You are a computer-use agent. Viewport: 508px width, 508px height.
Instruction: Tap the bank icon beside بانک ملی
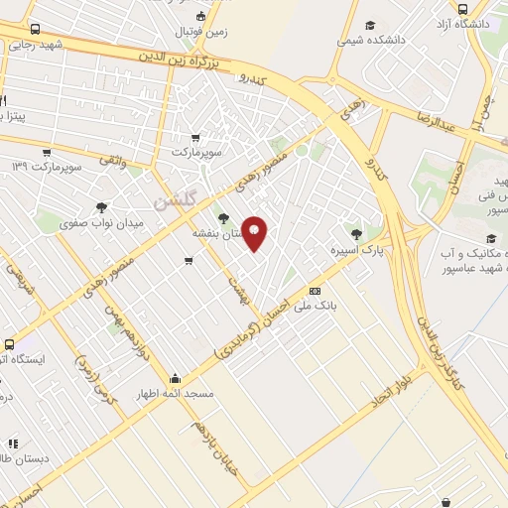tap(315, 291)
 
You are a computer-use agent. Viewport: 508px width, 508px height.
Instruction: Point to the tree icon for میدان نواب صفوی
tap(103, 207)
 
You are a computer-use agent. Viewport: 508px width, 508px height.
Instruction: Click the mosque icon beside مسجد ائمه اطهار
tap(176, 377)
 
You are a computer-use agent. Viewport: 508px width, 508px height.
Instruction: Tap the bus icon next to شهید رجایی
tap(36, 30)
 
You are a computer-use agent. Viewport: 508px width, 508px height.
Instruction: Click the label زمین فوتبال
tap(201, 31)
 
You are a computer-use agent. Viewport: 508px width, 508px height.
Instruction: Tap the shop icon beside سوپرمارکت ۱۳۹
tap(47, 152)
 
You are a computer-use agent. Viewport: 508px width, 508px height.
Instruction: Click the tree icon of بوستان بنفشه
tap(224, 217)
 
